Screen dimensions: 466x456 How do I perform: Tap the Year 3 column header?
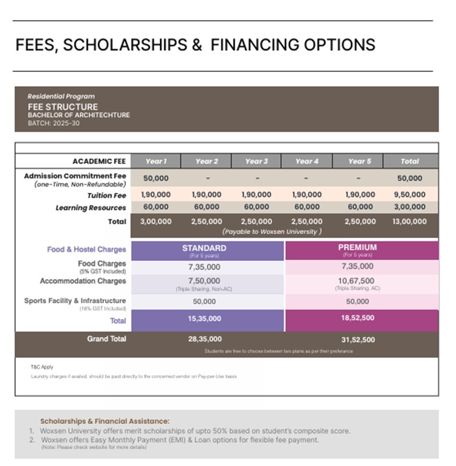pyautogui.click(x=256, y=161)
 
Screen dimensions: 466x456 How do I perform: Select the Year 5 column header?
pyautogui.click(x=359, y=161)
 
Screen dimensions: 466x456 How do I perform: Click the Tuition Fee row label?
pyautogui.click(x=107, y=195)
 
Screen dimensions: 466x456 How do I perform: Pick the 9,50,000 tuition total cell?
pyautogui.click(x=410, y=195)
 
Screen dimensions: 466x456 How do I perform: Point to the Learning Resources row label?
pyautogui.click(x=91, y=207)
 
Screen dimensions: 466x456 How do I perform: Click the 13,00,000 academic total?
pyautogui.click(x=410, y=222)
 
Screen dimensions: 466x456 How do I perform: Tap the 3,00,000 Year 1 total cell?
pyautogui.click(x=155, y=222)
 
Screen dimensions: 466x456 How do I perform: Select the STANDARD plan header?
pyautogui.click(x=204, y=248)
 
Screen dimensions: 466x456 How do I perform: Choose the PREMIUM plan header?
pyautogui.click(x=357, y=248)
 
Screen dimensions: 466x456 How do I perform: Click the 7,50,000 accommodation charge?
pyautogui.click(x=204, y=281)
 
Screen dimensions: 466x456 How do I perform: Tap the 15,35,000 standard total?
pyautogui.click(x=204, y=318)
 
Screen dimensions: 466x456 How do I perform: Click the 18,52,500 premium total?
pyautogui.click(x=357, y=318)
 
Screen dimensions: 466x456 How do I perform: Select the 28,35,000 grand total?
pyautogui.click(x=205, y=339)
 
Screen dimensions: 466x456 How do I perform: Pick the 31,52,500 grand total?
pyautogui.click(x=358, y=340)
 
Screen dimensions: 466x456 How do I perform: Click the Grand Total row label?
pyautogui.click(x=106, y=339)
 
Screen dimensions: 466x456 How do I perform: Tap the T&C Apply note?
pyautogui.click(x=42, y=367)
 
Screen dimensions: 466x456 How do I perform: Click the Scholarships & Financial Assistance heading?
pyautogui.click(x=105, y=421)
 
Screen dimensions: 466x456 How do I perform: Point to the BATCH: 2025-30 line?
pyautogui.click(x=54, y=123)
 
